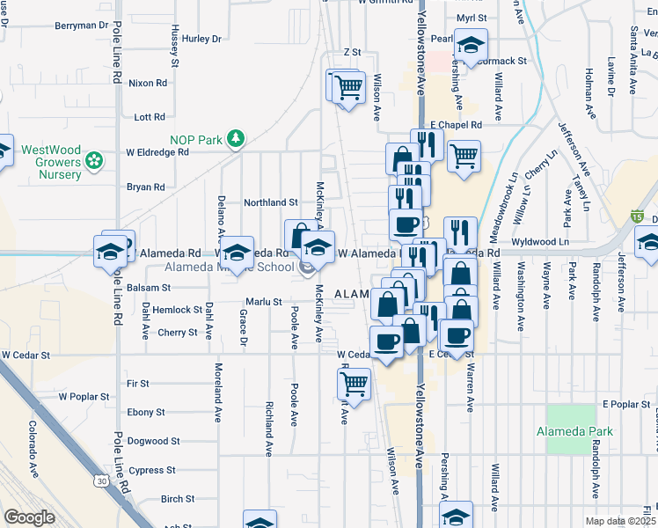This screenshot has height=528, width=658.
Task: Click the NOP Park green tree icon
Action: (235, 138)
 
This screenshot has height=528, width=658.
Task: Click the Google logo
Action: (29, 517)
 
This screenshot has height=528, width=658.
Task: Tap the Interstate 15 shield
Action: (636, 216)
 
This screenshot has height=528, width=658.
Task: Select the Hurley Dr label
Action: (202, 39)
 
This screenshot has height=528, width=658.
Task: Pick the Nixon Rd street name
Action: (147, 84)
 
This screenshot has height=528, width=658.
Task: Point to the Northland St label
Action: (271, 202)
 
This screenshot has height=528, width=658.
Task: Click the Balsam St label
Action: (148, 288)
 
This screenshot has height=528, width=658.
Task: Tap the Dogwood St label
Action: (153, 441)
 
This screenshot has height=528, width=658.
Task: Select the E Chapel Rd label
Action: (457, 125)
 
